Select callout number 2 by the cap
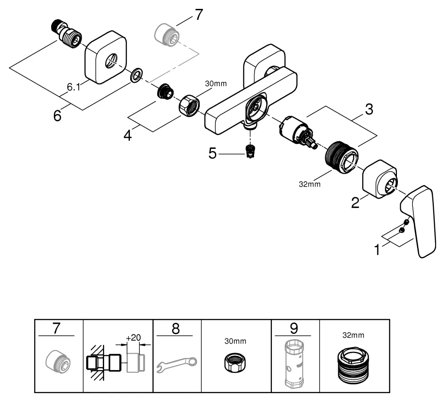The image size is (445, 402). point(355,203)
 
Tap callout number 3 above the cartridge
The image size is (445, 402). point(369,109)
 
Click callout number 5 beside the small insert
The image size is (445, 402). point(213,154)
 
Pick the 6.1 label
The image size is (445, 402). point(73,88)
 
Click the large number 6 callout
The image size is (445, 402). point(57,115)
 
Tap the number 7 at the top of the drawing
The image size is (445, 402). point(198,15)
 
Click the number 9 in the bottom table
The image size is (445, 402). point(294,329)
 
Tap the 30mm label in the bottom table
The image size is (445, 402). point(235,341)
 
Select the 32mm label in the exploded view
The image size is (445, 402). point(310,183)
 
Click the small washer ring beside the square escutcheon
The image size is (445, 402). point(136,75)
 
